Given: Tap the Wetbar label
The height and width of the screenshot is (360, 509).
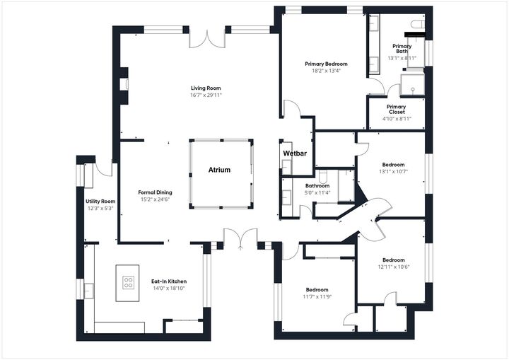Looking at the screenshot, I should [x=294, y=153].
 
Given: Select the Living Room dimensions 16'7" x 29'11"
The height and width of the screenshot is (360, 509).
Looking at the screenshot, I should [x=206, y=95].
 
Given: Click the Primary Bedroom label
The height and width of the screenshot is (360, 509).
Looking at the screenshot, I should [x=326, y=64].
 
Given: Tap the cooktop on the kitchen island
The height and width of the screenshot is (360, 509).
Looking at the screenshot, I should [x=129, y=282].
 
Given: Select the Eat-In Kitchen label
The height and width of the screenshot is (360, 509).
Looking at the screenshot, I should [x=169, y=281].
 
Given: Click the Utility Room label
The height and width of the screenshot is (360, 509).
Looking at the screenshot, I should [x=95, y=202].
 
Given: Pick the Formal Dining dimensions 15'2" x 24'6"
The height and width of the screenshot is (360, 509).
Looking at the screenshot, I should [x=155, y=199].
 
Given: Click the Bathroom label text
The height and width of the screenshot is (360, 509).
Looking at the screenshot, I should [x=317, y=186].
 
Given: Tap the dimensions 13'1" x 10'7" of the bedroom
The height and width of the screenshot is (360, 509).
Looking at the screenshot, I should [x=393, y=171].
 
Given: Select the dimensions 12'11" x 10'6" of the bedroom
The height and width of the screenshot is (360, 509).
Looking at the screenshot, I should [x=393, y=267].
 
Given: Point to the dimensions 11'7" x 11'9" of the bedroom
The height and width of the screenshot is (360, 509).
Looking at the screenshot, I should [x=317, y=297].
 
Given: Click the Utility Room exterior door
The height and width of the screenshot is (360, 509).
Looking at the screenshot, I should [x=105, y=170].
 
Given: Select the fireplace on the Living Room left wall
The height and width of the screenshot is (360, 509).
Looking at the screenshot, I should [x=125, y=85].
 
